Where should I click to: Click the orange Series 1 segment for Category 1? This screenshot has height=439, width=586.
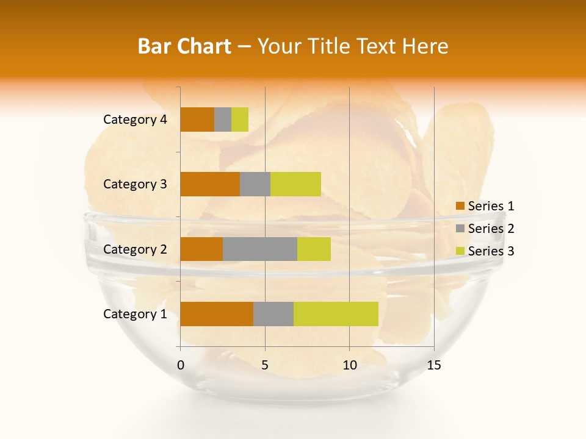point(217,314)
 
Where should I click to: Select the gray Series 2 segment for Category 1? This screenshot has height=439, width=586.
point(273,314)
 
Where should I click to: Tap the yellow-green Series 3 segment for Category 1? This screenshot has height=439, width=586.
point(336,314)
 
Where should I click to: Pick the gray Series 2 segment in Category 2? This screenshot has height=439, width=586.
point(260,249)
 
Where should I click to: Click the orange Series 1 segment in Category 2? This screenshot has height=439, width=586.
point(201,249)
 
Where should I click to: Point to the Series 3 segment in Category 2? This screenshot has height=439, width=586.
point(314,249)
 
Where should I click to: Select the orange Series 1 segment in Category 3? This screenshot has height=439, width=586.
point(210,184)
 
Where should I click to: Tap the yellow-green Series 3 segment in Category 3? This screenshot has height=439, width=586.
point(295,184)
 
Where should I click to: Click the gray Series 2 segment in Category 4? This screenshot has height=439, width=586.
point(223,120)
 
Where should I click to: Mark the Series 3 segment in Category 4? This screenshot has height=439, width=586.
point(240,120)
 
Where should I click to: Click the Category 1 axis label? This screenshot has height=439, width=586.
point(135,314)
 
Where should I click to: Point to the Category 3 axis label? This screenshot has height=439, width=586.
point(135,184)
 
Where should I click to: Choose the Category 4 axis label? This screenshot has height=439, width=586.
point(135,120)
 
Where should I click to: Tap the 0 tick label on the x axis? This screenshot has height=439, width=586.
point(181,365)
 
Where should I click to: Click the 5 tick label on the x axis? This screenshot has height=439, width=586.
point(265,365)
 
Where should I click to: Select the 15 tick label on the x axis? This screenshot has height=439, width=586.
point(433,365)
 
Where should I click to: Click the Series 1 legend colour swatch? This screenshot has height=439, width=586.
point(460,206)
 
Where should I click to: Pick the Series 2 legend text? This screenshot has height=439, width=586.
point(491,229)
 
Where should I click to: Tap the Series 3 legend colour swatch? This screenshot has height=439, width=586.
point(460,251)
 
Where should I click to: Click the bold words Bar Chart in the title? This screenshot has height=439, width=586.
point(184,46)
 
